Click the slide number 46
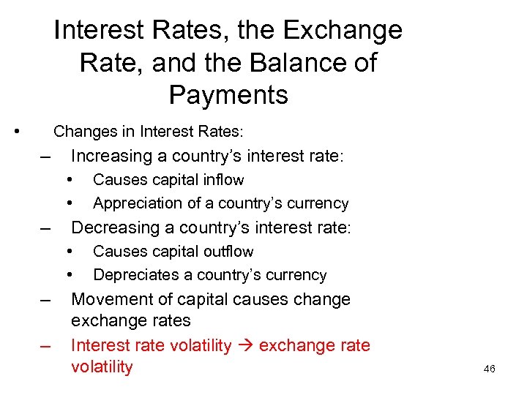pos(490,369)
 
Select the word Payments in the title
pos(228,95)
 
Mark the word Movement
pos(108,299)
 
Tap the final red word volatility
pos(102,367)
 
